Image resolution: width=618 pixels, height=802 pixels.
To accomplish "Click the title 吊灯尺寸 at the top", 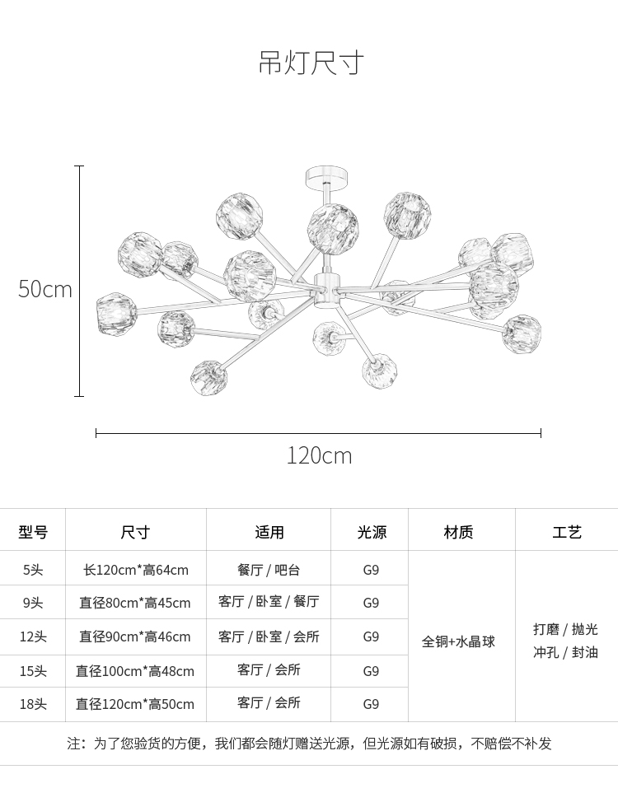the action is point(311,63).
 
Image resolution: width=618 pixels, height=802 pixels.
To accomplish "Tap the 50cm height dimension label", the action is point(45,289).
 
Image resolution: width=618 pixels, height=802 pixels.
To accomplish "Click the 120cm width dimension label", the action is point(319,455).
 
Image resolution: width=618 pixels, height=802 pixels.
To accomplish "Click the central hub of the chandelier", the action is point(326,290).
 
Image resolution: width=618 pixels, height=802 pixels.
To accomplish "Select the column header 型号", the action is point(33,532).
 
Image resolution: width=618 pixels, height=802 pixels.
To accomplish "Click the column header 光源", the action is point(372,532).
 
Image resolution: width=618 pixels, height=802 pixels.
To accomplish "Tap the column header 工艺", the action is point(567,532).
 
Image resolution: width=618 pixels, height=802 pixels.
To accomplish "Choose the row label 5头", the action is point(33,570).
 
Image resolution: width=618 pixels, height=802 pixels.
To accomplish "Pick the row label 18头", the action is point(33,704).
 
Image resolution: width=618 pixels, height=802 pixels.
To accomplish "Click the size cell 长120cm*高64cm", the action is point(136,570).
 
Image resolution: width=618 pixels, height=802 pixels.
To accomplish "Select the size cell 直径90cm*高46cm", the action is point(134,636).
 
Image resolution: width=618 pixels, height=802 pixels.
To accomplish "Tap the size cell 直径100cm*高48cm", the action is point(135,670).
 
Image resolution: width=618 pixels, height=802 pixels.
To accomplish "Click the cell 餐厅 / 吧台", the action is point(269,570).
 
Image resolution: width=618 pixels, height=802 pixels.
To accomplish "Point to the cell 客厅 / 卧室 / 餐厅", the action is point(269,601).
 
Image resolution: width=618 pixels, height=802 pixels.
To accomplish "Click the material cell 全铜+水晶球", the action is point(458,641).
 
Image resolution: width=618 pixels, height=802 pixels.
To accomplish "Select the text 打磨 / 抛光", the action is point(566,629).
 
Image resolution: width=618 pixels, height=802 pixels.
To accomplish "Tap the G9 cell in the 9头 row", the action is point(371,603).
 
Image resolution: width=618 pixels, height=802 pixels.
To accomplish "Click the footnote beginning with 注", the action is point(309,744).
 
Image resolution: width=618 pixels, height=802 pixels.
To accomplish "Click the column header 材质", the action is point(458,532).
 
